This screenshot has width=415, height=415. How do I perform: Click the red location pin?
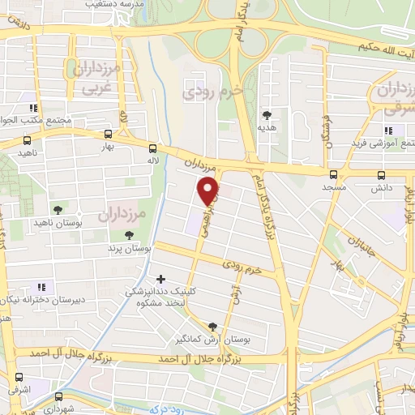209,190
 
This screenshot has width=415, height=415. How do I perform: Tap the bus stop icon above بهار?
109,135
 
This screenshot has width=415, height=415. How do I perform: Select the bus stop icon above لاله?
153,148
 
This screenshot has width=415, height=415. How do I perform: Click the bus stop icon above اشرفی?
19,378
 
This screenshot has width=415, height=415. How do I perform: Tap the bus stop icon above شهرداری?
59,397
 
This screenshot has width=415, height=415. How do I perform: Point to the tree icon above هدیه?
267,114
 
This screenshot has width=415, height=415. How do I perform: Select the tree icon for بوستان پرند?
130,234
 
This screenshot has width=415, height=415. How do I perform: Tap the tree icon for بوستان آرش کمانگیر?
213,325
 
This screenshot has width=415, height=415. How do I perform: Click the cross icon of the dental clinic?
160,279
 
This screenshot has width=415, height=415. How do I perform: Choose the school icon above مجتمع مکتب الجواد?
33,108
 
